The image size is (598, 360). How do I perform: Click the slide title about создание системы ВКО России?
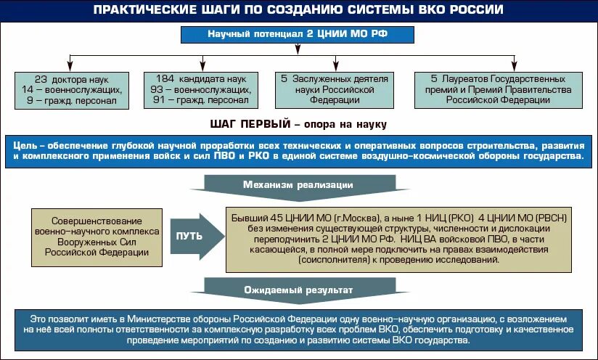pyautogui.click(x=298, y=9)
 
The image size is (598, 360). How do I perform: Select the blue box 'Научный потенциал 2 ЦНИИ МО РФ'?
pyautogui.click(x=299, y=35)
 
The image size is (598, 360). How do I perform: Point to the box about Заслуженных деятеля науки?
pyautogui.click(x=335, y=89)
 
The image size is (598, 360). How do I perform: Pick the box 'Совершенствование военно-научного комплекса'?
pyautogui.click(x=96, y=237)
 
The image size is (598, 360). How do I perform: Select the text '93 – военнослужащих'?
pyautogui.click(x=197, y=89)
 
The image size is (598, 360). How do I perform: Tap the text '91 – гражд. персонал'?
pyautogui.click(x=197, y=101)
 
